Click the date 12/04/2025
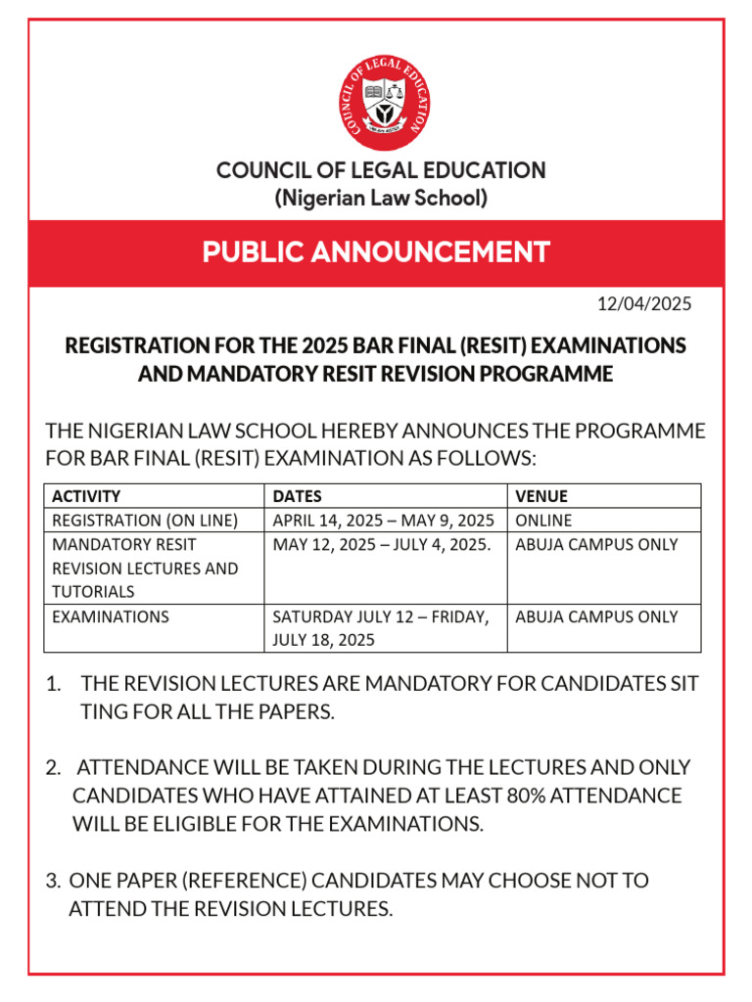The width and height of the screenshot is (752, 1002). (x=644, y=303)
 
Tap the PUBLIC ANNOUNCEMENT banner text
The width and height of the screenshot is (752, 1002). (x=376, y=252)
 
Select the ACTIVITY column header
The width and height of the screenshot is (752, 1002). (x=86, y=496)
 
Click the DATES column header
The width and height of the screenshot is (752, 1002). (x=297, y=496)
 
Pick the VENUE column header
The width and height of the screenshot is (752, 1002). (x=541, y=496)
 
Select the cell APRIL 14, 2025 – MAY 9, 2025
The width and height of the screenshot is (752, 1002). (x=383, y=520)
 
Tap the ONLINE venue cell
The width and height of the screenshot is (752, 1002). (x=543, y=520)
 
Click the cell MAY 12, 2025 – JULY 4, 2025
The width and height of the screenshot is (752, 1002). (x=381, y=544)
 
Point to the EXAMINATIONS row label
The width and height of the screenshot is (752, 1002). (x=110, y=616)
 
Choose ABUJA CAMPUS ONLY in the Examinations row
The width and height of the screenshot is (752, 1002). (x=596, y=616)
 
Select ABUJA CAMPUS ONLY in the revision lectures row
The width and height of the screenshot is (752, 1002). (x=596, y=544)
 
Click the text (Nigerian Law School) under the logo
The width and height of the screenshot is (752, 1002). (x=381, y=199)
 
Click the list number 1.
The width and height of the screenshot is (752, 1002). (x=53, y=684)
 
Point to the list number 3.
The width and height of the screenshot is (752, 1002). (x=53, y=881)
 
